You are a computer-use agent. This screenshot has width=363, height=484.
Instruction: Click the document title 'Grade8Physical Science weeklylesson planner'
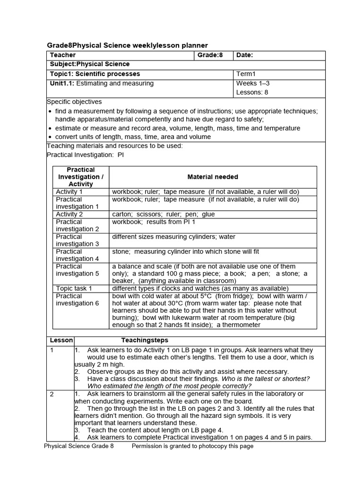pyautogui.click(x=127, y=45)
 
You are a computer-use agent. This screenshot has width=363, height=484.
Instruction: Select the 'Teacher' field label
pyautogui.click(x=63, y=55)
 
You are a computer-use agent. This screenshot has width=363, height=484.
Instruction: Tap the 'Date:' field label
pyautogui.click(x=244, y=55)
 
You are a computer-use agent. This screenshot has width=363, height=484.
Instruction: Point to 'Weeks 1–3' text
pyautogui.click(x=253, y=84)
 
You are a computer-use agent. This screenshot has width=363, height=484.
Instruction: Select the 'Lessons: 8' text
pyautogui.click(x=252, y=92)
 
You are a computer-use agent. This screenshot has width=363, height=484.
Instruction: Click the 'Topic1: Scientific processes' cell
pyautogui.click(x=95, y=74)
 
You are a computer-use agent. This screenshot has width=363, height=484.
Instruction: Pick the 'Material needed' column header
pyautogui.click(x=213, y=177)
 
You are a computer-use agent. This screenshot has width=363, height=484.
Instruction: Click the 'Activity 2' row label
pyautogui.click(x=69, y=214)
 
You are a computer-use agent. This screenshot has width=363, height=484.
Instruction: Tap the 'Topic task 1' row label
pyautogui.click(x=74, y=288)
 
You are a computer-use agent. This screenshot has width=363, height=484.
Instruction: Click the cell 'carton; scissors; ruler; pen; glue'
pyautogui.click(x=163, y=214)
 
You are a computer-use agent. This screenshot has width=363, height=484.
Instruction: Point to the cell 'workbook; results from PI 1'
pyautogui.click(x=154, y=222)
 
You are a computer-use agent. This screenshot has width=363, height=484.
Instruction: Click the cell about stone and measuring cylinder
pyautogui.click(x=185, y=251)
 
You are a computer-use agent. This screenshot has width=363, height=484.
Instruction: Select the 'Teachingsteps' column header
pyautogui.click(x=145, y=340)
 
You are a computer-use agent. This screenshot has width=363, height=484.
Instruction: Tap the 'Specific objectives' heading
pyautogui.click(x=74, y=102)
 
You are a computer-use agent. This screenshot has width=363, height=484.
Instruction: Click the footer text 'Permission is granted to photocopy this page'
pyautogui.click(x=192, y=446)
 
